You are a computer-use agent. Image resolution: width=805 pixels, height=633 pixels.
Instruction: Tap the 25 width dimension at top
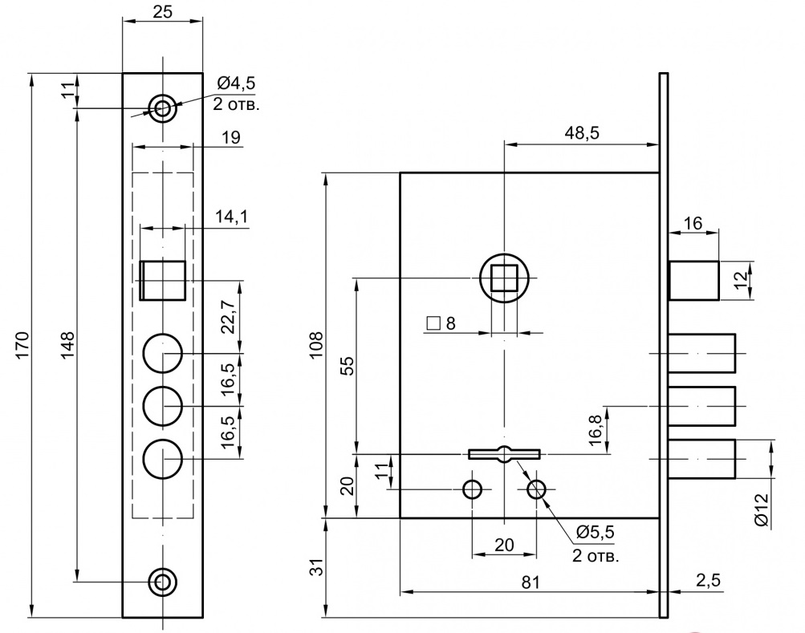click(x=162, y=11)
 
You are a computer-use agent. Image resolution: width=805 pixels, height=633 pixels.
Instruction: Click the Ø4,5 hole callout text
click(x=237, y=83)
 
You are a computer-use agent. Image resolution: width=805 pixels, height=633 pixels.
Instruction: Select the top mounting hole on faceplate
click(x=164, y=108)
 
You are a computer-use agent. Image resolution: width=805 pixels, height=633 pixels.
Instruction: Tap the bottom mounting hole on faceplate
click(x=164, y=581)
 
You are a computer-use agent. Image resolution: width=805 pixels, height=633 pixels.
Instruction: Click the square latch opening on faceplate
click(x=163, y=280)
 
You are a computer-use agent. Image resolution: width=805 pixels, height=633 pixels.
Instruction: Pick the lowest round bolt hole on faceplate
click(x=163, y=460)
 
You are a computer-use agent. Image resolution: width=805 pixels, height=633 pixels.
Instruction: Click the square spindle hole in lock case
click(x=503, y=278)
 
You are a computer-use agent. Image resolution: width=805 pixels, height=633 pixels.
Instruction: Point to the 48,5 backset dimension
click(x=582, y=132)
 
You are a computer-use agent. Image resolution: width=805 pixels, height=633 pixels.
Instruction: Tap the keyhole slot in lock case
click(x=504, y=454)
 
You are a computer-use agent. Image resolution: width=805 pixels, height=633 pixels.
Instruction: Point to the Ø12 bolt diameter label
click(x=762, y=511)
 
